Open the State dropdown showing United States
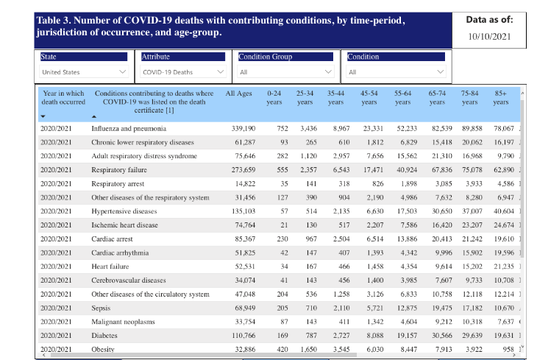pos(84,72)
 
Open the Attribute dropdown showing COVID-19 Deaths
pos(183,72)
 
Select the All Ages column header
pos(239,93)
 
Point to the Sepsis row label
pos(101,308)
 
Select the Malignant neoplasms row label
pos(120,322)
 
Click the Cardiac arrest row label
pos(113,239)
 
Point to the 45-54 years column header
pos(369,98)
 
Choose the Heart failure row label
pos(110,267)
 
